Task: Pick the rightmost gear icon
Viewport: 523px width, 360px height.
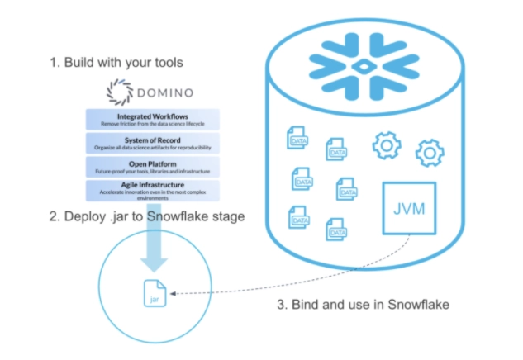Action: click(x=430, y=154)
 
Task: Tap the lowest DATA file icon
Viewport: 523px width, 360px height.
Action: click(x=335, y=229)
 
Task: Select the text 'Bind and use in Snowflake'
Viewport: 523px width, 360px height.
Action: click(x=369, y=304)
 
